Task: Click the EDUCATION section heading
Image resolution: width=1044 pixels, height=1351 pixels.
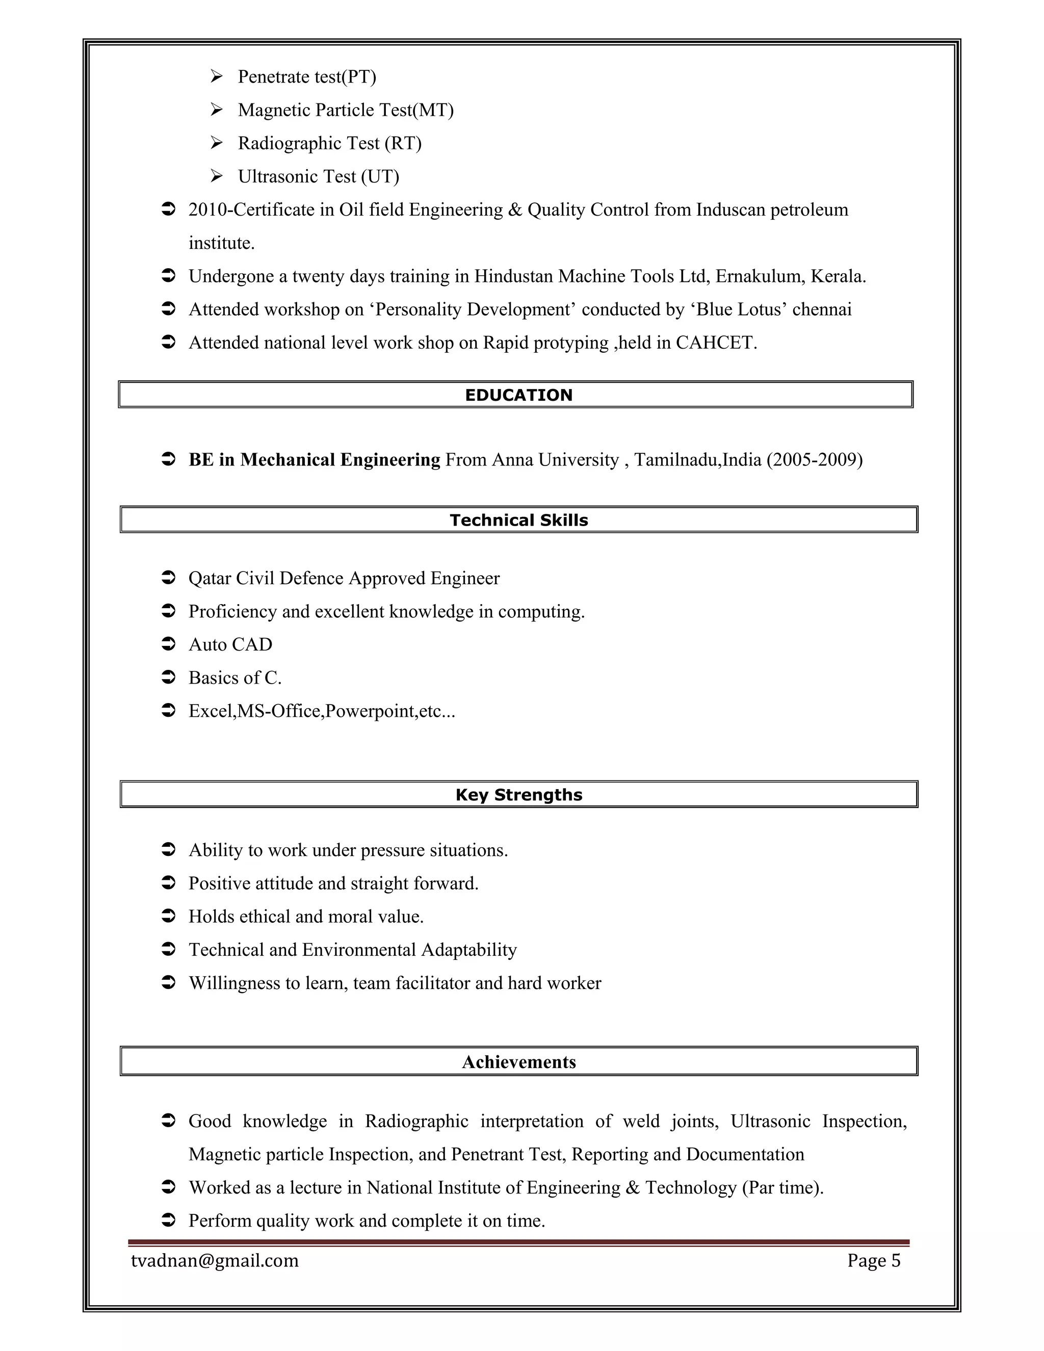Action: click(x=518, y=395)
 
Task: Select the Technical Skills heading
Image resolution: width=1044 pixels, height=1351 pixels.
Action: click(x=518, y=520)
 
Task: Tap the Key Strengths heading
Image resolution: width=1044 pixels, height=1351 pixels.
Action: click(x=518, y=795)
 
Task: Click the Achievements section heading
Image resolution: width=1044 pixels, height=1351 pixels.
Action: click(x=518, y=1062)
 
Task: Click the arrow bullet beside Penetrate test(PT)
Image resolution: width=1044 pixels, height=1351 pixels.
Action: click(x=217, y=76)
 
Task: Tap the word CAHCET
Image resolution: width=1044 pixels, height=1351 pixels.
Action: click(x=716, y=343)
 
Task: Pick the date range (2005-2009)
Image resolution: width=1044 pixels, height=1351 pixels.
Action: click(x=814, y=460)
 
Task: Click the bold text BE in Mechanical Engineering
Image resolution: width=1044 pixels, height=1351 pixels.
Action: click(x=314, y=460)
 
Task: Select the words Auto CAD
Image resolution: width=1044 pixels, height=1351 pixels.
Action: click(x=230, y=644)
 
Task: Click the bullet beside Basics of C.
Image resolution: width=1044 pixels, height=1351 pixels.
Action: click(x=168, y=678)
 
